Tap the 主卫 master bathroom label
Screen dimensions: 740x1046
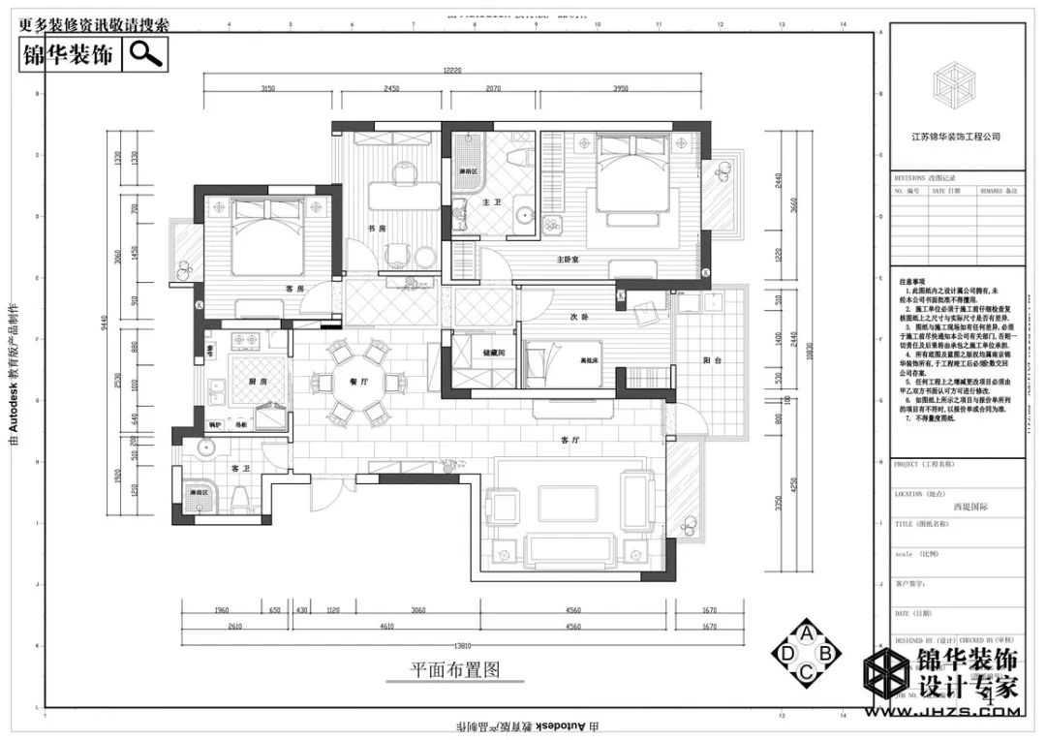pyautogui.click(x=490, y=202)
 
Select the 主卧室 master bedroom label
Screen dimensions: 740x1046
pyautogui.click(x=568, y=260)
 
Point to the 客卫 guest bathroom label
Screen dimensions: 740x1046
pyautogui.click(x=241, y=468)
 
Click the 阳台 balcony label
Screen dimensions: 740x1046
pyautogui.click(x=713, y=359)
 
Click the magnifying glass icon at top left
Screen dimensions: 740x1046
pyautogui.click(x=146, y=53)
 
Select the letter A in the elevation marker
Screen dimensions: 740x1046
pyautogui.click(x=806, y=632)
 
